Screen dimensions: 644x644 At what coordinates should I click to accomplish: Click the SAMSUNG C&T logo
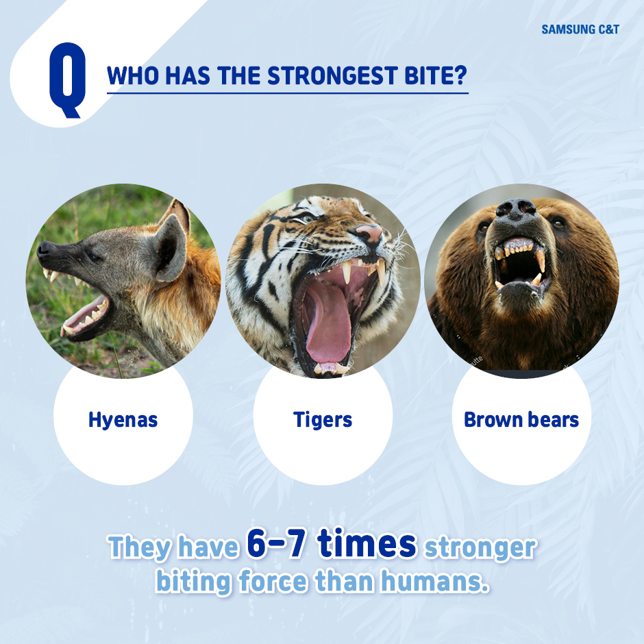coord(580,29)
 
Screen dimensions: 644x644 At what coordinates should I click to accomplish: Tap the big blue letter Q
coord(68,79)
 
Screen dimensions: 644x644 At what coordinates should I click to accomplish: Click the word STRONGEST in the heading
coord(333,76)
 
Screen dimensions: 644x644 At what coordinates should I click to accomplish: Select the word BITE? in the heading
coord(436,76)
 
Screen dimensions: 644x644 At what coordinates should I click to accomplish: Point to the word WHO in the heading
coord(133,76)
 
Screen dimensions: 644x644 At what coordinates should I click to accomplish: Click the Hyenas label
coord(123,420)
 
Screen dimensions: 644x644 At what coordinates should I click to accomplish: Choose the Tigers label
coord(323,420)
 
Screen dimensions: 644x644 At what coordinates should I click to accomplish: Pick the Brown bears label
coord(521,420)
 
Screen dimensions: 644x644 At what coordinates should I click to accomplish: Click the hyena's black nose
coord(45,249)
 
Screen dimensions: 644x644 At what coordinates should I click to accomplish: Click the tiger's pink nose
coord(370,234)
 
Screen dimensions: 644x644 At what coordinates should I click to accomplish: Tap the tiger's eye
coord(306,219)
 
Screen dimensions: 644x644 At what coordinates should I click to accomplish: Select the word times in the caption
coord(367,543)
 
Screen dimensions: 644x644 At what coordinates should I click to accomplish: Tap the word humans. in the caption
coord(435,581)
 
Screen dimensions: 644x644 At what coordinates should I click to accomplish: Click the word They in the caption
coord(139,548)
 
